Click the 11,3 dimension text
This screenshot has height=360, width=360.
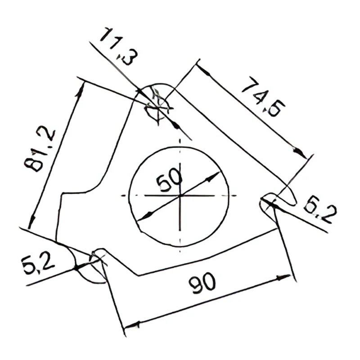pyautogui.click(x=119, y=46)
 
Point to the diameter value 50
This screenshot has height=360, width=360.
pyautogui.click(x=169, y=180)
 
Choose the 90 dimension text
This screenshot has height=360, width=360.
pyautogui.click(x=202, y=283)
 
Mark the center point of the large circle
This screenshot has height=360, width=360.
pyautogui.click(x=180, y=196)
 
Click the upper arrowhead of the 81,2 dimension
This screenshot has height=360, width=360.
pyautogui.click(x=80, y=91)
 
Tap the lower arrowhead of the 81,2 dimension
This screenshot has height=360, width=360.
pyautogui.click(x=32, y=222)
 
